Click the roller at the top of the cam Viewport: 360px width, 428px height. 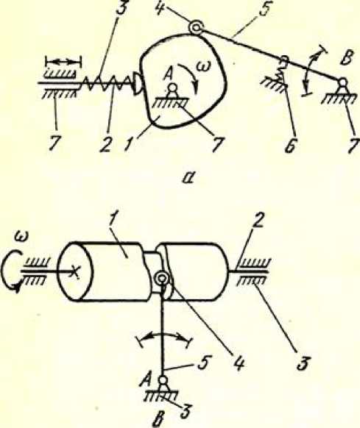click(196, 28)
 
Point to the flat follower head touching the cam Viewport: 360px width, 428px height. click(136, 82)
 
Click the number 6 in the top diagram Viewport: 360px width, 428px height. click(292, 146)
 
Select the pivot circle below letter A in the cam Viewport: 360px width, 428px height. click(172, 88)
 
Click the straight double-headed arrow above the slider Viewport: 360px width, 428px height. click(63, 62)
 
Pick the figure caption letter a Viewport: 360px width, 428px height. click(188, 178)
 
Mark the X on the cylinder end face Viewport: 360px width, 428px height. click(74, 272)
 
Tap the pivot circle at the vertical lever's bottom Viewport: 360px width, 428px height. click(163, 380)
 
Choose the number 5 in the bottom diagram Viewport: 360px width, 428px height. click(204, 363)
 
